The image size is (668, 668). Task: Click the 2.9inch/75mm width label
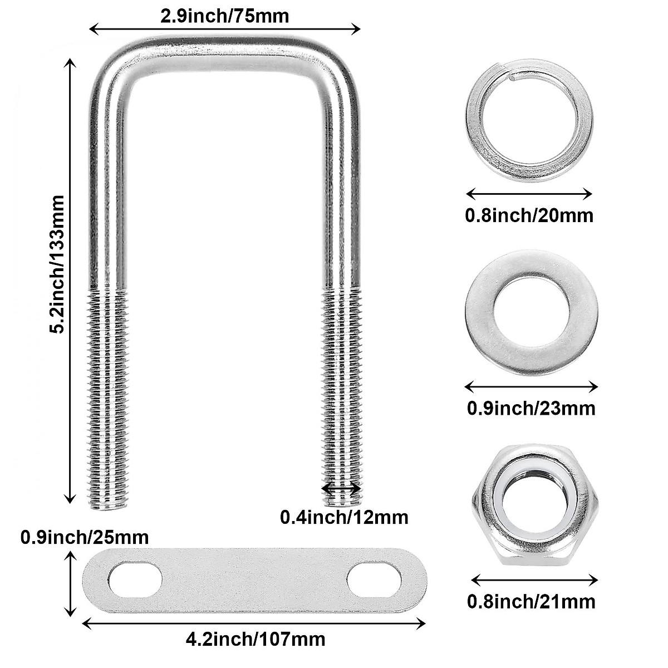pos(224,16)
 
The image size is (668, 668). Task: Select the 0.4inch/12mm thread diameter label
pos(343,517)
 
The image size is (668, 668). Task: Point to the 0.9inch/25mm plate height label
pos(85,537)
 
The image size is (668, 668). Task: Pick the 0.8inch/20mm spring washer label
pos(529,215)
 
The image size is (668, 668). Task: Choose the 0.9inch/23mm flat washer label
pos(531,407)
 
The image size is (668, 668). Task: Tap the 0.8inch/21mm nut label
pos(531,601)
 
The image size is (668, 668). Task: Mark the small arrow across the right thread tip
pos(341,488)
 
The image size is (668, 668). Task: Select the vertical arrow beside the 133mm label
pos(70,281)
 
